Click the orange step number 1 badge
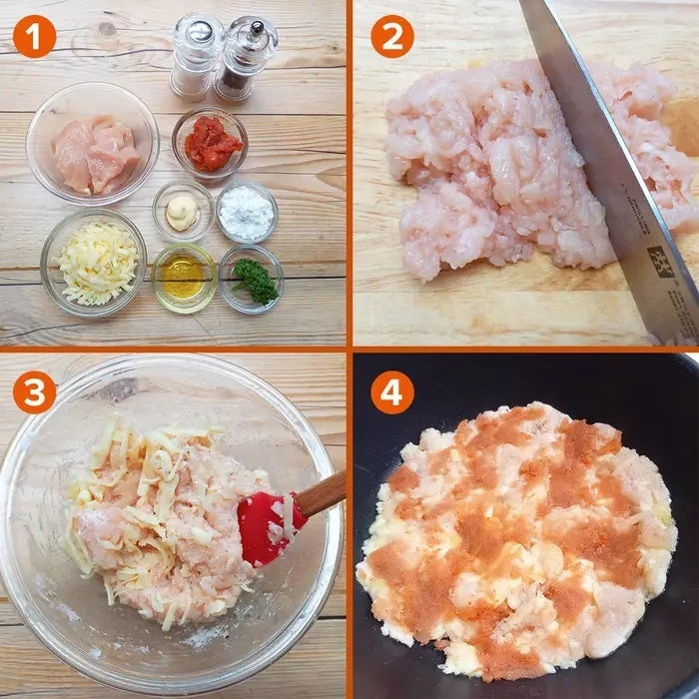point(34,37)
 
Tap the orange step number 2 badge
point(392,37)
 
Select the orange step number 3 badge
point(34,392)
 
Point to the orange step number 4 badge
point(392,392)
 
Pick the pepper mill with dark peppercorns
point(246,59)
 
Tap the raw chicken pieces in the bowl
point(96,154)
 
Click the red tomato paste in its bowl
point(213,144)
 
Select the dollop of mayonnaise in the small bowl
point(182,212)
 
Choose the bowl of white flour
point(247,212)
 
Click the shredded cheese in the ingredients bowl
point(98,263)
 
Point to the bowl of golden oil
point(184,278)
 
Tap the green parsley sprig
point(256,281)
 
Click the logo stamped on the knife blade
point(660,262)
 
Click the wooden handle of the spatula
point(321,494)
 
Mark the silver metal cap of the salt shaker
point(200,31)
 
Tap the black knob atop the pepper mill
point(257,28)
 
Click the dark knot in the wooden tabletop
point(107,29)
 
